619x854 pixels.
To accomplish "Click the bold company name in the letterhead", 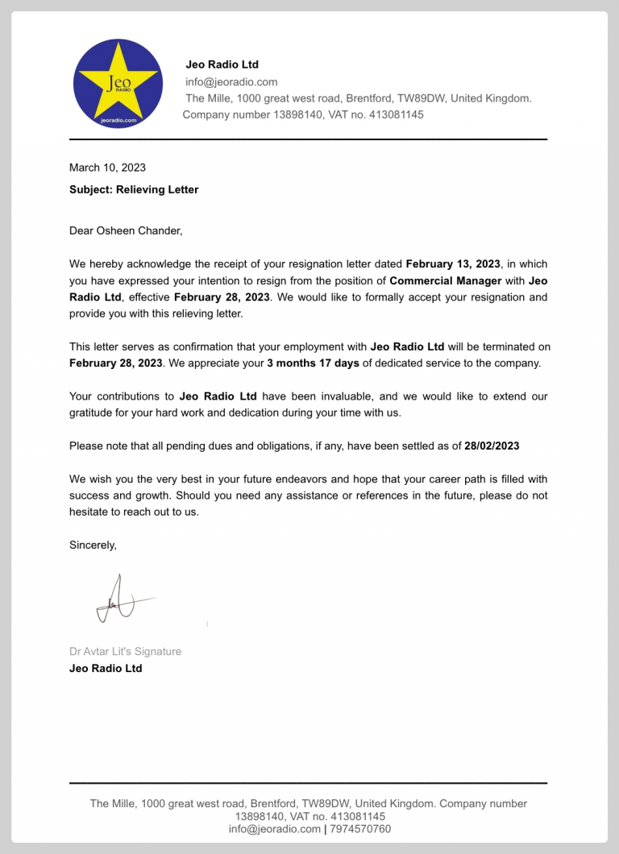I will [x=222, y=64].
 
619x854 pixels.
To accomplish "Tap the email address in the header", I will [x=231, y=81].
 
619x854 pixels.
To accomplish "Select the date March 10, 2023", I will [x=107, y=168].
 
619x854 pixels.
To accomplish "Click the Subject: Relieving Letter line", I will [x=134, y=189].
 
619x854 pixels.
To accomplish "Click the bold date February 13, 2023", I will [x=453, y=264].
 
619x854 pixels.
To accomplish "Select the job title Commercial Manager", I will [x=446, y=281].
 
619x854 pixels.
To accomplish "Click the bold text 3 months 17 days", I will [x=313, y=363].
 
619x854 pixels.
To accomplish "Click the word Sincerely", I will [x=93, y=545].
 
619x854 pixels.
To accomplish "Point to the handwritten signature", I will [x=121, y=601].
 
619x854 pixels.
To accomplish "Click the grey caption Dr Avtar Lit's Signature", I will [x=125, y=651].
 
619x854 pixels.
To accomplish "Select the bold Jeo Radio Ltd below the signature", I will [x=106, y=668].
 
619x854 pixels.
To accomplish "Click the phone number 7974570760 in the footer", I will [x=360, y=829].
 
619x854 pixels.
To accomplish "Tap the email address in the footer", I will [x=274, y=829].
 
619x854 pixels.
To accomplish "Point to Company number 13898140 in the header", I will [x=253, y=114].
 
